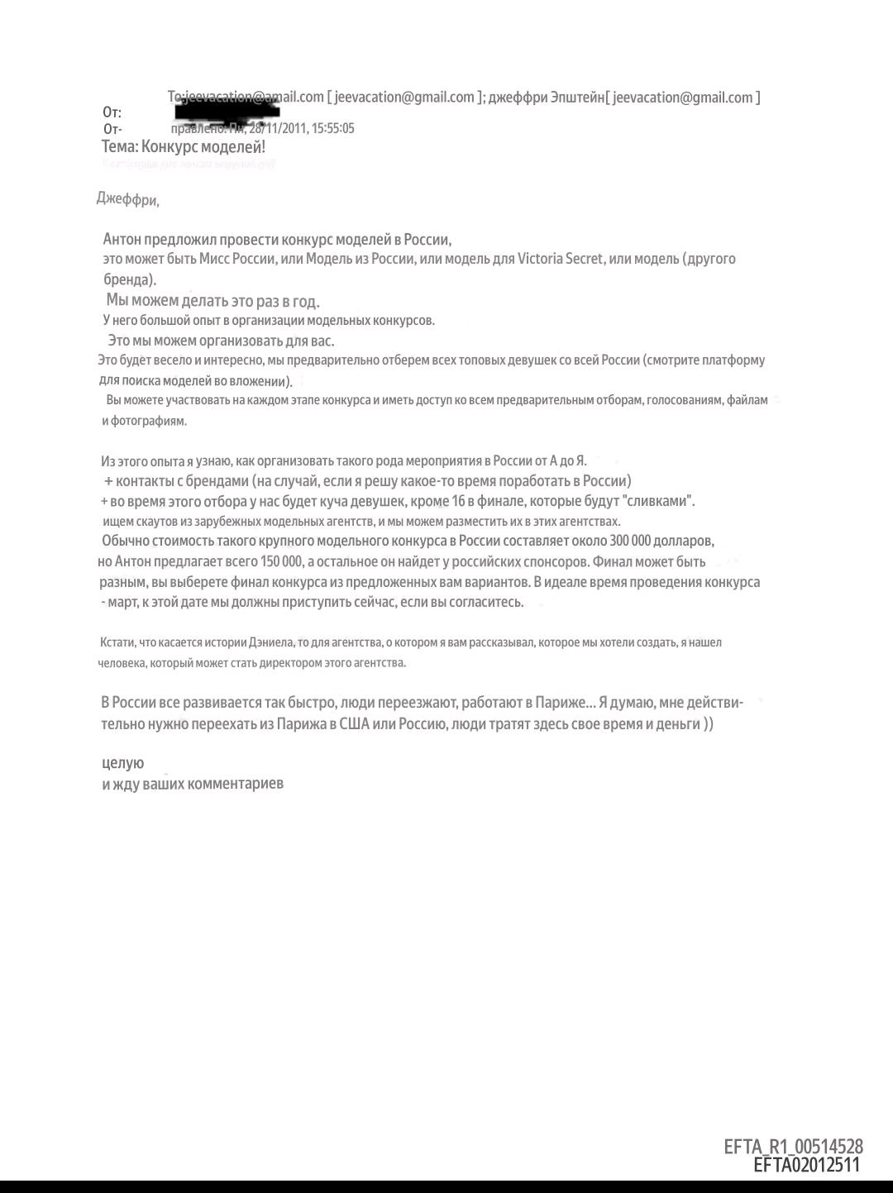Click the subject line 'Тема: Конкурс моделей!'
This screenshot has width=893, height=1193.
pos(184,147)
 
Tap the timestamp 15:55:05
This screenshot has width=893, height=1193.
pos(333,128)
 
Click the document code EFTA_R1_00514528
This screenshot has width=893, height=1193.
pos(793,1147)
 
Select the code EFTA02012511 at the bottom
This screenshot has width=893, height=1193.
pos(806,1166)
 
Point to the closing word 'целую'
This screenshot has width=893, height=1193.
pos(122,763)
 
